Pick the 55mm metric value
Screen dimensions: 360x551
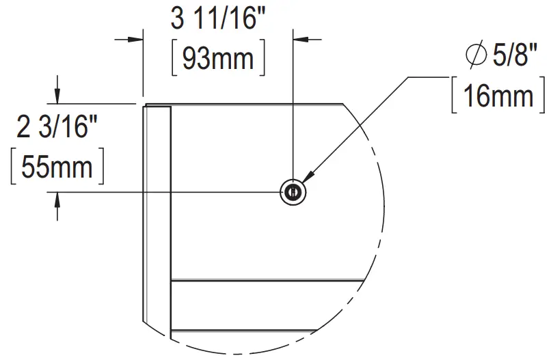point(57,166)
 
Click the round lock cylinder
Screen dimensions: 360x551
point(293,193)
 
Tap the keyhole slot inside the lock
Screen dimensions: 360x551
point(293,193)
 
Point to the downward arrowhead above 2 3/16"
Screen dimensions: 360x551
point(58,96)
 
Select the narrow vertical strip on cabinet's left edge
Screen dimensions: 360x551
point(157,219)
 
